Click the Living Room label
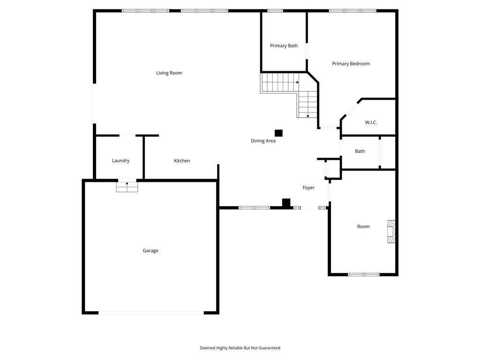pyautogui.click(x=169, y=73)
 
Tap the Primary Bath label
pyautogui.click(x=284, y=46)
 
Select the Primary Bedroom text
pyautogui.click(x=351, y=64)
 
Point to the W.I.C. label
pyautogui.click(x=371, y=123)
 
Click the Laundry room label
pyautogui.click(x=120, y=161)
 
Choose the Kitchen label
pyautogui.click(x=182, y=161)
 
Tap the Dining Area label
pyautogui.click(x=263, y=141)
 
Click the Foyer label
pyautogui.click(x=308, y=187)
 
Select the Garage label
pyautogui.click(x=150, y=251)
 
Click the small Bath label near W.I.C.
pyautogui.click(x=360, y=151)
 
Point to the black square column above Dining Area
pyautogui.click(x=278, y=133)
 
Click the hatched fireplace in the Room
pyautogui.click(x=390, y=232)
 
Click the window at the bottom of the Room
pyautogui.click(x=363, y=275)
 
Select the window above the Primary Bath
pyautogui.click(x=275, y=10)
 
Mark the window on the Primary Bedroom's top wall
pyautogui.click(x=352, y=10)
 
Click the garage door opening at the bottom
pyautogui.click(x=151, y=313)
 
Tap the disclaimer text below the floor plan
pyautogui.click(x=240, y=348)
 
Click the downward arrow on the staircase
pyautogui.click(x=308, y=115)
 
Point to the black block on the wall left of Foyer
pyautogui.click(x=286, y=203)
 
